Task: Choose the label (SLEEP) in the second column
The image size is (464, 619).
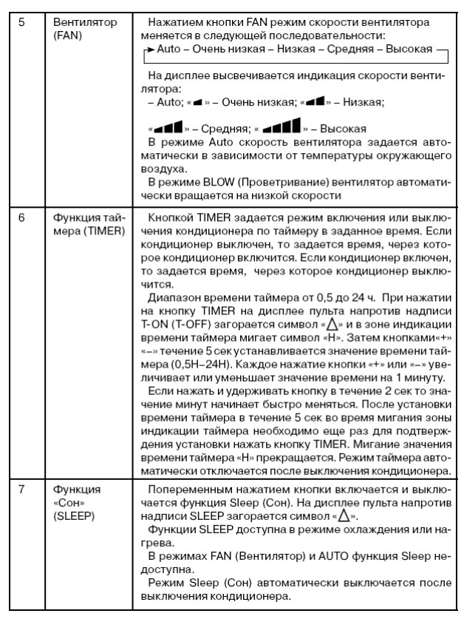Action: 69,515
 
